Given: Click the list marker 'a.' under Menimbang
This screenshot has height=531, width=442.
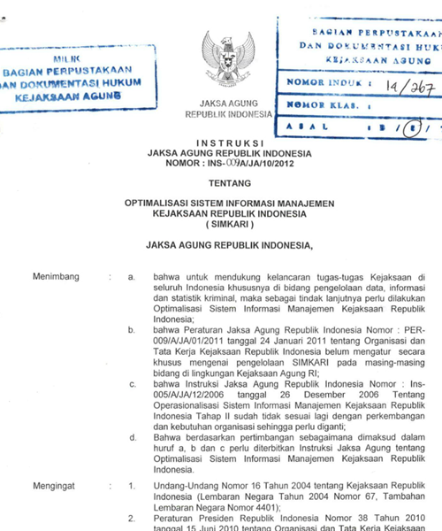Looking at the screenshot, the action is tap(132, 277).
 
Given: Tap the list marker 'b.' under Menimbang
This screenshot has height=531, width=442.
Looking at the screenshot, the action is tap(132, 329).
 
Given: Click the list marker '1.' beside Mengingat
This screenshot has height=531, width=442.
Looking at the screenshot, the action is tap(132, 486).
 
